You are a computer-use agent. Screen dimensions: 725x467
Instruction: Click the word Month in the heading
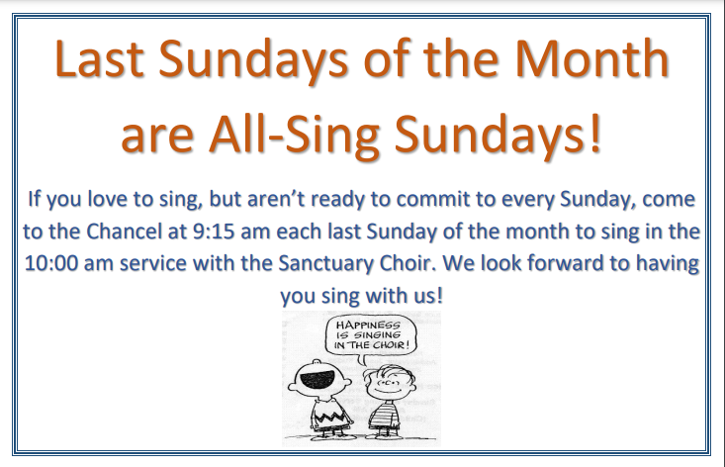click(591, 59)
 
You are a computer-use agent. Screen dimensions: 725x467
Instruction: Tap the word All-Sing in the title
click(294, 135)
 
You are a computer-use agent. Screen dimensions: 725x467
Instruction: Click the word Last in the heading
click(100, 59)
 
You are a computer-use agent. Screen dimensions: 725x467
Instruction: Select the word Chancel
click(124, 232)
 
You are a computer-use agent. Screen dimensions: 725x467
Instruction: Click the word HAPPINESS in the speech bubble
click(368, 325)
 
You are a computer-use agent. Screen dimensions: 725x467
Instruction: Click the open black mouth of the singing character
click(318, 380)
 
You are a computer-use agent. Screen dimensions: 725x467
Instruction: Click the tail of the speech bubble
click(362, 359)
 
